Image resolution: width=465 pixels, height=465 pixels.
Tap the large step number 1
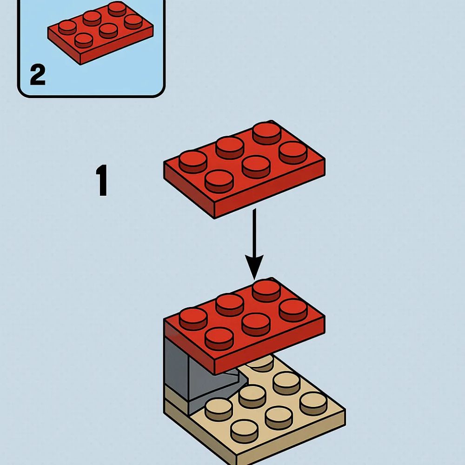101,180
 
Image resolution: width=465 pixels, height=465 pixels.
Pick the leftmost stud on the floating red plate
193,162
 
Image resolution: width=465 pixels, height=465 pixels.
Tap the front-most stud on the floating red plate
219,181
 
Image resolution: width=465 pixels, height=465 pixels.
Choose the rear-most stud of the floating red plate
266,133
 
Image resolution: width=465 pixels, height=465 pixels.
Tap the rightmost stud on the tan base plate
313,403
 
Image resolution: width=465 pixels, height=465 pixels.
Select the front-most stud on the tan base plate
245,432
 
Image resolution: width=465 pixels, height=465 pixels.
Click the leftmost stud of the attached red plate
193,319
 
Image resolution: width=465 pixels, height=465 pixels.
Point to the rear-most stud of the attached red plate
266,291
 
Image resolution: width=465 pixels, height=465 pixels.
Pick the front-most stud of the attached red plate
219,339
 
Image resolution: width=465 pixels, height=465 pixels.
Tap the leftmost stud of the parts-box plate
67,27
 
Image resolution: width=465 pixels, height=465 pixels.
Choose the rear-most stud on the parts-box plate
117,9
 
